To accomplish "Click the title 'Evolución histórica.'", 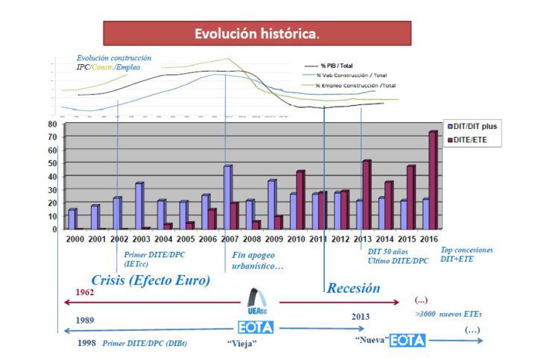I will pos(256,34).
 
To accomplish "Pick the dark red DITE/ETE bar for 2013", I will pos(366,195).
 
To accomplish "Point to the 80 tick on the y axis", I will pos(52,124).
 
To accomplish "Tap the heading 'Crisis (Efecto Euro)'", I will pos(150,280).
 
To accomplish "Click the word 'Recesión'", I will pos(353,287).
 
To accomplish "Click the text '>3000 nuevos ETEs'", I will pos(448,314).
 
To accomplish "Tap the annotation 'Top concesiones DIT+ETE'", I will pos(467,254).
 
